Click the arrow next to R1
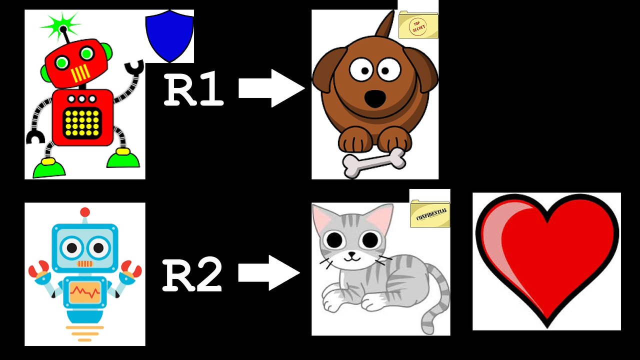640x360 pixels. click(x=271, y=88)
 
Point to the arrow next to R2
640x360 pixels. click(x=268, y=272)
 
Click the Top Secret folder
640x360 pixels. click(x=418, y=26)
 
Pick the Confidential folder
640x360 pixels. click(x=429, y=214)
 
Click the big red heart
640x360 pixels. click(x=546, y=257)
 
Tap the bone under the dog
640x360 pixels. click(x=374, y=162)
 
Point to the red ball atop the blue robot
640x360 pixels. click(x=85, y=212)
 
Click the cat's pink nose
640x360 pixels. click(x=352, y=253)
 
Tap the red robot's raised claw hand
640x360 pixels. click(x=134, y=67)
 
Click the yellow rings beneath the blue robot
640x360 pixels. click(x=84, y=332)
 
